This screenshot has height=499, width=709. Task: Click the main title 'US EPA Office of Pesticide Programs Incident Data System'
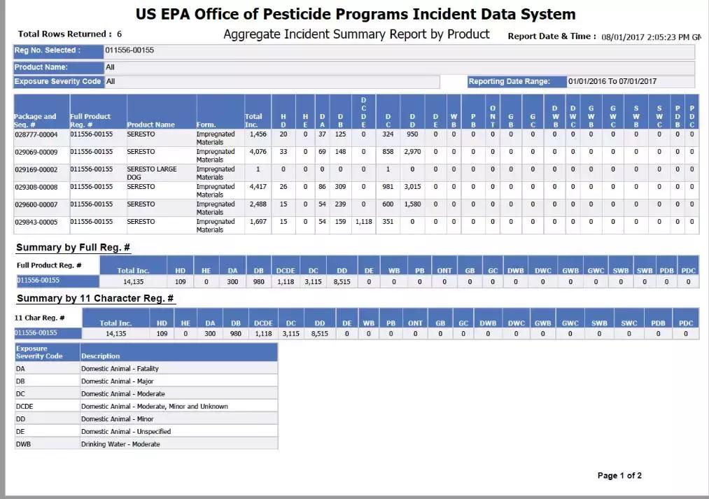tap(356, 14)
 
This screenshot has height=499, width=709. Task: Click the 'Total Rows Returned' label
tap(64, 34)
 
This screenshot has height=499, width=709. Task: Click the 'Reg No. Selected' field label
tap(48, 50)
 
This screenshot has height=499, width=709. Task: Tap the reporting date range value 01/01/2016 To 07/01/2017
tap(612, 81)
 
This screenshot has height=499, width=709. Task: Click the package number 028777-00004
tap(36, 134)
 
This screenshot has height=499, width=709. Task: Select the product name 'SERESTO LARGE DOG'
tap(152, 169)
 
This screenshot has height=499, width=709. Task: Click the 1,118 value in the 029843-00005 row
tap(363, 222)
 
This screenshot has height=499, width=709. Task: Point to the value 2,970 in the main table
tap(412, 152)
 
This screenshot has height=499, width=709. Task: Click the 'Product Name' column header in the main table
tap(150, 125)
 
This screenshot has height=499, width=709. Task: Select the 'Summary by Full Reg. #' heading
tap(73, 248)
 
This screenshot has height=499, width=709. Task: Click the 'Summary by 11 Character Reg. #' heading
tap(95, 299)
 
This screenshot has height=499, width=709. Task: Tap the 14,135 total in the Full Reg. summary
tap(133, 281)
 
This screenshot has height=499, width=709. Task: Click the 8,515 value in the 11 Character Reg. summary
tap(319, 334)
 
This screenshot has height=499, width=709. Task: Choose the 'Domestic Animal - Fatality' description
tap(120, 369)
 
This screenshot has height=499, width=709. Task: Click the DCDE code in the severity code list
tap(24, 407)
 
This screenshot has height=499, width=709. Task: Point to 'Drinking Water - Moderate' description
tap(120, 444)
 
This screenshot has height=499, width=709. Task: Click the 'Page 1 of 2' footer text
tap(619, 476)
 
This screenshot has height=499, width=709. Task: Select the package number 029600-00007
tap(36, 204)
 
